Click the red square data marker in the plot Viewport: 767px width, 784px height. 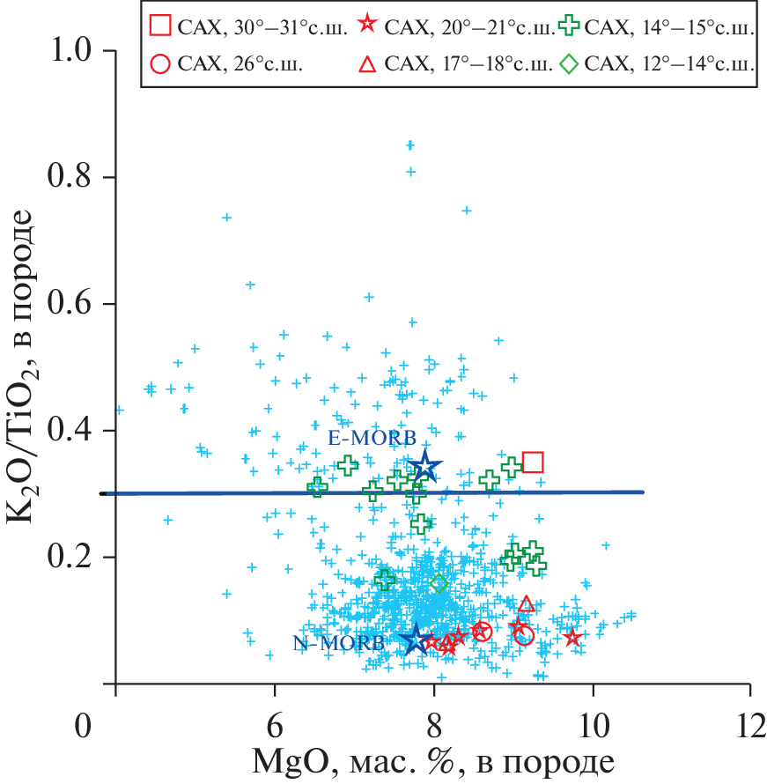(x=532, y=462)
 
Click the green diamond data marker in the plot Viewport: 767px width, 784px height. (x=439, y=583)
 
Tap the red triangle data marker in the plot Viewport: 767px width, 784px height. (x=527, y=604)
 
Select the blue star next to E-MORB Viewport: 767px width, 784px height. (x=425, y=467)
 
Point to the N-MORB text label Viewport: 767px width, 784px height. (x=338, y=643)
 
